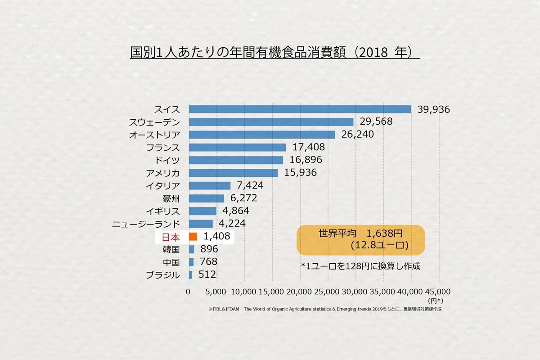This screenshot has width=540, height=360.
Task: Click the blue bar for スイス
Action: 300,109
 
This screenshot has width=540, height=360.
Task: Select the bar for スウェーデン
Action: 271,122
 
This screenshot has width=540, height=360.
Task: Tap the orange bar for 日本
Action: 193,236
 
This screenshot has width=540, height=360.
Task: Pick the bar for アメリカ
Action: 233,173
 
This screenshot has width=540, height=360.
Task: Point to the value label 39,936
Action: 433,109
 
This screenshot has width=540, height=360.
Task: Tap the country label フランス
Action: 163,148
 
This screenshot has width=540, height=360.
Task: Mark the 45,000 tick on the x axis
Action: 437,292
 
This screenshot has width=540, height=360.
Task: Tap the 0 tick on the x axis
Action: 189,292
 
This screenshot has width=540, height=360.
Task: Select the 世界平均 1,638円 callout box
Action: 360,240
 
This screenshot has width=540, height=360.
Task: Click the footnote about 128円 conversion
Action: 360,266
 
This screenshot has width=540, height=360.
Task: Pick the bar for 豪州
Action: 206,198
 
